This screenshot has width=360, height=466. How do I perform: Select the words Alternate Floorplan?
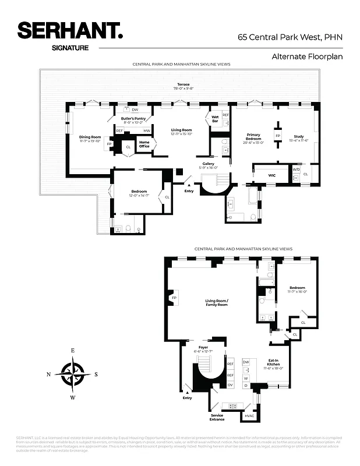306,57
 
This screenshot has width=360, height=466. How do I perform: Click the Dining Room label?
90,139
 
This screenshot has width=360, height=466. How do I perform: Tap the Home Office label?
144,144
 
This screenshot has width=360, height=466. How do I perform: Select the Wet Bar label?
214,118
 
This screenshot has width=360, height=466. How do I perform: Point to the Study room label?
298,138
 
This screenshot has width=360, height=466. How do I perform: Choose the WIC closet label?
271,175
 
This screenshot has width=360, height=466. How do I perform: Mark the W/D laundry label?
296,170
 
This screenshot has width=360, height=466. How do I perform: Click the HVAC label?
249,416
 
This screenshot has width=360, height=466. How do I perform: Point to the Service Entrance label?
217,417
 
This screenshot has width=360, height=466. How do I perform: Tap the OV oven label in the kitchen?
230,385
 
